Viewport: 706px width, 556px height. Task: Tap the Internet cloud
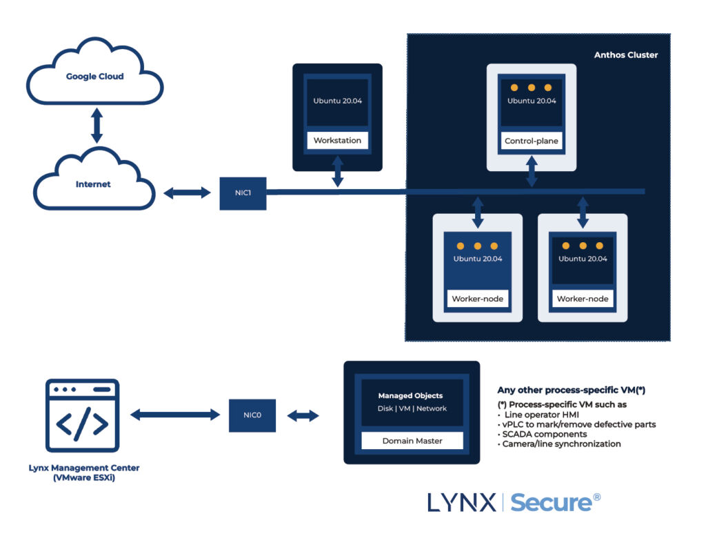93,184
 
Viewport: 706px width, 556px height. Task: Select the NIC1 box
243,193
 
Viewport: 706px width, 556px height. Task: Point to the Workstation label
337,141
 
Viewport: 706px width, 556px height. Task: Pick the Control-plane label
532,141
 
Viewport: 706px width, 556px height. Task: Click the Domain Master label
412,441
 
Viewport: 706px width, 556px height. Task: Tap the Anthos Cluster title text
626,55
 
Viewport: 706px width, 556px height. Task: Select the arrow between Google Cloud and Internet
97,128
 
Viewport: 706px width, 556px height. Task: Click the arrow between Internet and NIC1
187,193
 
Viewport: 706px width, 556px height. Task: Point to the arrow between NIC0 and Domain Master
303,416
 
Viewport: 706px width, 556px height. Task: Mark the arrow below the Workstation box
337,171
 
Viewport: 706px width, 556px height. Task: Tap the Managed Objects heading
410,396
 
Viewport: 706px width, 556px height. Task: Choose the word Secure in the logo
551,502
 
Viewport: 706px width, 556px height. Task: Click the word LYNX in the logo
461,503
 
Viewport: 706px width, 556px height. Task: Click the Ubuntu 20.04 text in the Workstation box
337,101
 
